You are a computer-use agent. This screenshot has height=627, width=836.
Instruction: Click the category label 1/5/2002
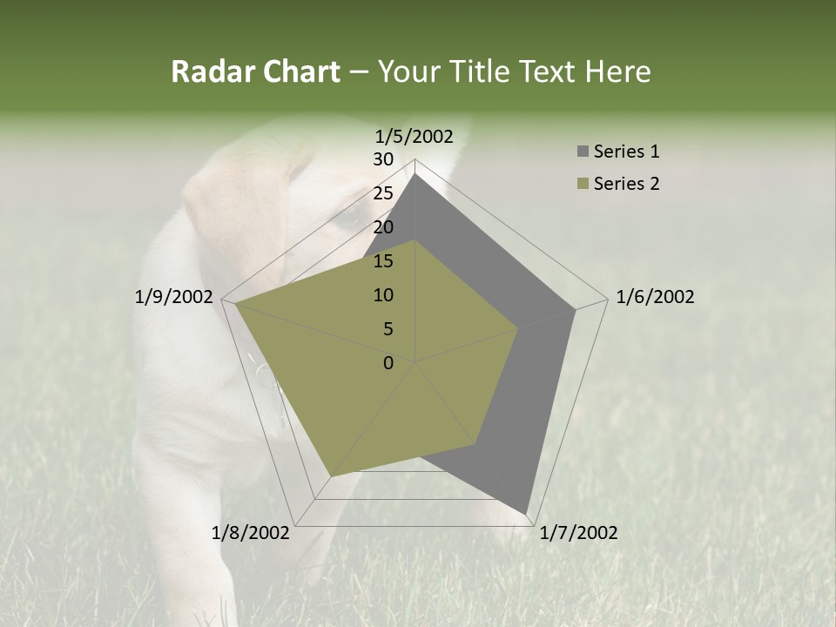[x=415, y=136]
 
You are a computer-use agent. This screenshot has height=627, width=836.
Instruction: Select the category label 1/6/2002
[x=655, y=297]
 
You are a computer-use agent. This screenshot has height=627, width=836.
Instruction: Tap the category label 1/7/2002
[x=578, y=533]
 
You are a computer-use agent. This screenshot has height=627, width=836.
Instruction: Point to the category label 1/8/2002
[x=251, y=533]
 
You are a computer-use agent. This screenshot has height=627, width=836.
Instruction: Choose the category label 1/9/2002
[x=174, y=297]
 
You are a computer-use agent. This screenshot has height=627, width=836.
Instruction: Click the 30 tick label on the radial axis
[x=383, y=159]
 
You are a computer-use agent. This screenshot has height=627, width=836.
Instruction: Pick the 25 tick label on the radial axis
[x=383, y=193]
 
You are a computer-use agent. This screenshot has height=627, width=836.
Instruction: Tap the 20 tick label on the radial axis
[x=383, y=227]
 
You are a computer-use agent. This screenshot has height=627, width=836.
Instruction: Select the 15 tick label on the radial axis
[x=383, y=261]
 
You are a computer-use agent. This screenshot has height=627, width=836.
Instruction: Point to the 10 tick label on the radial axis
[x=383, y=295]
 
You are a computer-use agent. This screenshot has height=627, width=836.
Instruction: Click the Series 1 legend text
[x=626, y=152]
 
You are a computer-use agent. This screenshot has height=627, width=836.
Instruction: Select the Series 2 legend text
[x=626, y=184]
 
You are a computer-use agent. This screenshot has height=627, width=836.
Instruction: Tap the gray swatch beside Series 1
[x=583, y=152]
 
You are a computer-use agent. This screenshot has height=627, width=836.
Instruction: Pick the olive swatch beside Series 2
[x=583, y=184]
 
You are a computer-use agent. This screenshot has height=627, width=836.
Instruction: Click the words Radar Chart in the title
[x=255, y=71]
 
